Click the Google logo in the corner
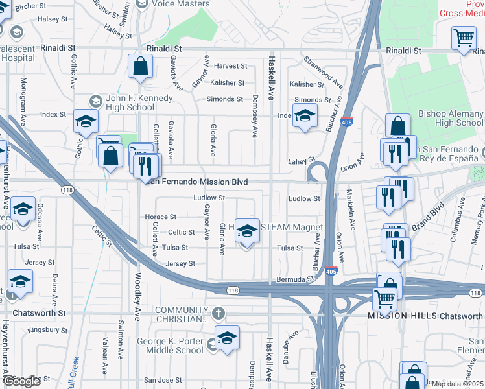(21, 381)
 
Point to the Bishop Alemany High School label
(450, 119)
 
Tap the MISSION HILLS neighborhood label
(402, 316)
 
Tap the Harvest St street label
(231, 66)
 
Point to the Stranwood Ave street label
(324, 71)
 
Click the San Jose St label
(159, 380)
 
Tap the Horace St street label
(160, 217)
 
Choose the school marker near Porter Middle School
(227, 338)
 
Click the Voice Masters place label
(181, 4)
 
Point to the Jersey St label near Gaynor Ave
(180, 264)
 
